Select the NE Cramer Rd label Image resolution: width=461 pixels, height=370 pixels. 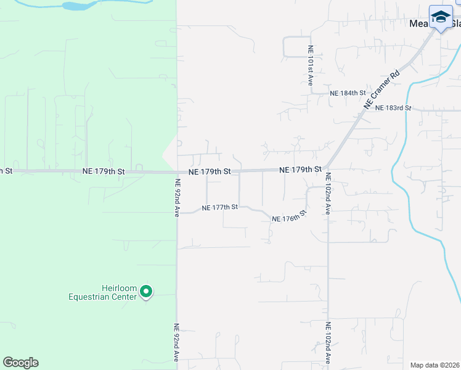coord(381,90)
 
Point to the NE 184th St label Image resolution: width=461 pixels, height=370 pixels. coord(348,93)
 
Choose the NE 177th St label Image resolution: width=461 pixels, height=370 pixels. coord(219,207)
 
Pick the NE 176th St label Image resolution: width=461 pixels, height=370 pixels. coord(289,217)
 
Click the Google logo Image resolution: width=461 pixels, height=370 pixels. coord(20,363)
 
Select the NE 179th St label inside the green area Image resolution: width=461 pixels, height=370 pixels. coord(104,171)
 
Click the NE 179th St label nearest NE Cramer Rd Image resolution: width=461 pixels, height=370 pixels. coord(300,169)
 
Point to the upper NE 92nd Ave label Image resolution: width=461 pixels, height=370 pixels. coord(177,198)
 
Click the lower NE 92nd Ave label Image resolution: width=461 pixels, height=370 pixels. coord(177,342)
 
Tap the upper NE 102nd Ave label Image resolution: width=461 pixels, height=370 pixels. coord(328,192)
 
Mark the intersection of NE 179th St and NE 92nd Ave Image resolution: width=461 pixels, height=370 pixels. coord(177,172)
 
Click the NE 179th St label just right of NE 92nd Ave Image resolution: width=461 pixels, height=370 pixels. coord(210,171)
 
